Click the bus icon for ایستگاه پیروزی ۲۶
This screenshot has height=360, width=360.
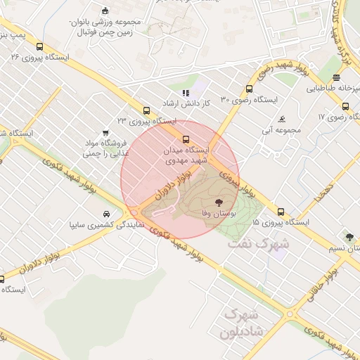click(x=39, y=46)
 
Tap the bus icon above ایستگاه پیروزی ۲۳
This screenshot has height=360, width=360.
click(x=146, y=110)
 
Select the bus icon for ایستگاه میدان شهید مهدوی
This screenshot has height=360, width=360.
click(x=186, y=139)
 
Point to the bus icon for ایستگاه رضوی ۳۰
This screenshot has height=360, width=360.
click(x=249, y=89)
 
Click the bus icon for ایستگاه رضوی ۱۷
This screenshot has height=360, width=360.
click(x=345, y=106)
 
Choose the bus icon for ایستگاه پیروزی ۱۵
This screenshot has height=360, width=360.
click(x=281, y=212)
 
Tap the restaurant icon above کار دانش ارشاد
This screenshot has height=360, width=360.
click(x=186, y=93)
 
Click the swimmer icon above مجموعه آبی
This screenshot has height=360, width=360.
click(x=281, y=119)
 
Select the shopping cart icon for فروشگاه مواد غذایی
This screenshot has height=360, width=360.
click(x=105, y=131)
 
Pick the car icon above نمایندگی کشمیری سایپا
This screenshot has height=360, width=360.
click(x=105, y=214)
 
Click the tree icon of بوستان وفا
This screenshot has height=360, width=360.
click(x=226, y=200)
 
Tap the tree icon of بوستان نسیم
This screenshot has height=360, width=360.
click(x=349, y=237)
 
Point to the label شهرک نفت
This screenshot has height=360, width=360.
click(x=259, y=245)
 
